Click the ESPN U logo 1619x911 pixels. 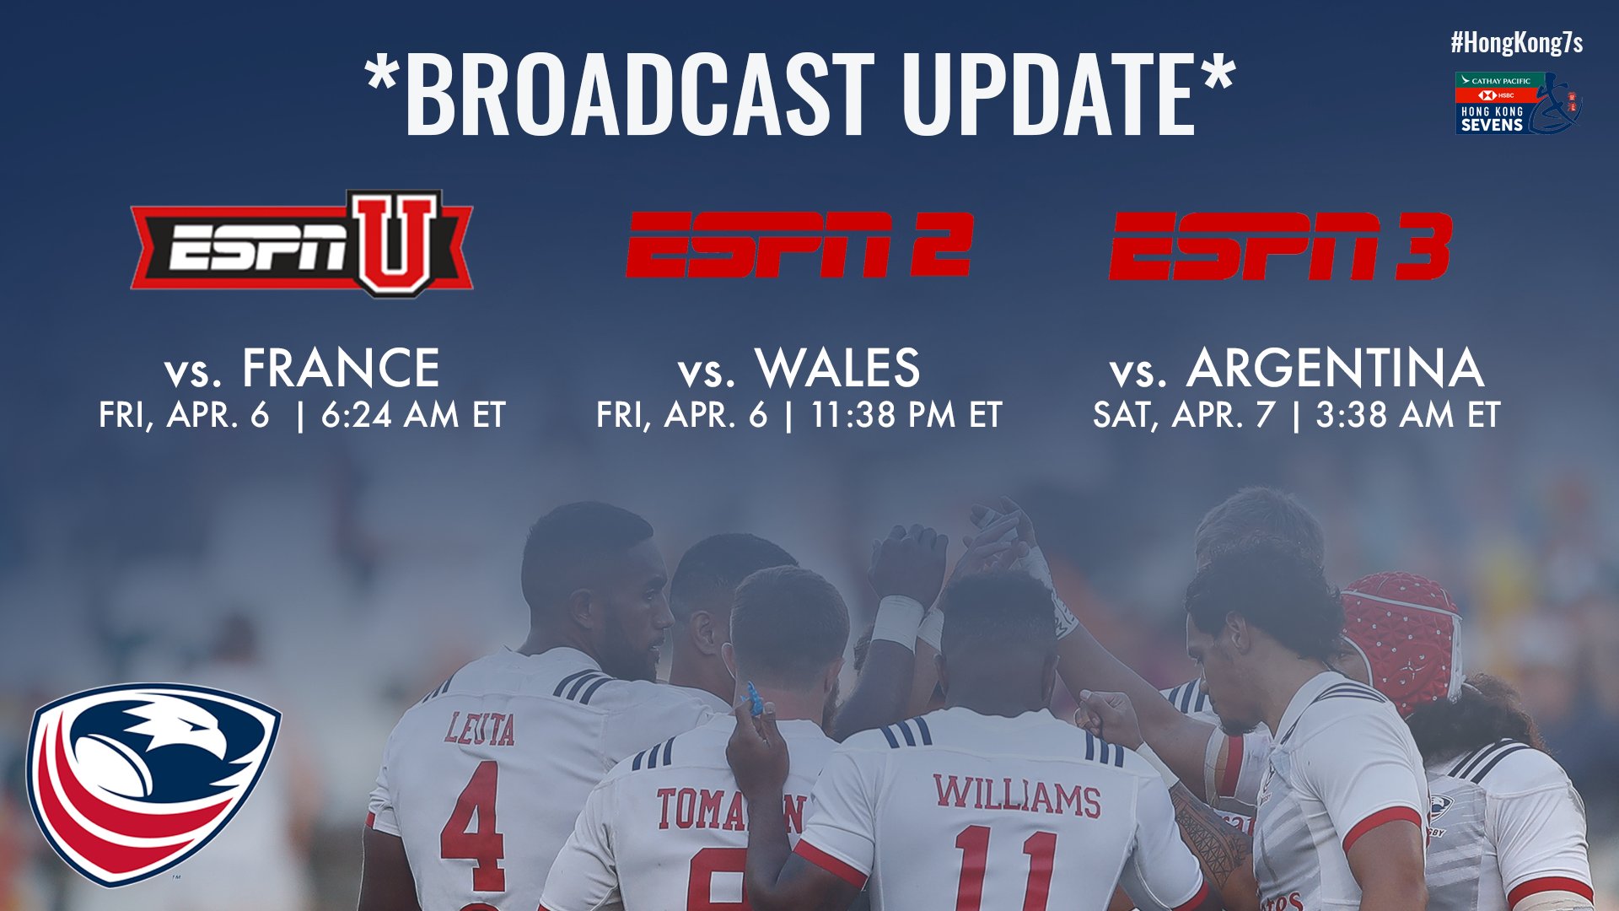tap(302, 244)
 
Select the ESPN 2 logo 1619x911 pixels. tap(799, 245)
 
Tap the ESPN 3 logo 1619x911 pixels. tap(1279, 245)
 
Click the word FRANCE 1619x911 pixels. tap(341, 368)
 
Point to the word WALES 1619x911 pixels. tap(837, 368)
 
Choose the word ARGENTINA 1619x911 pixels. tap(1335, 368)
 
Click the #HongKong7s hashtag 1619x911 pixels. tap(1516, 43)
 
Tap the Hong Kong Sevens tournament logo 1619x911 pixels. tap(1518, 103)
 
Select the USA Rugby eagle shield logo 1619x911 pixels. tap(153, 782)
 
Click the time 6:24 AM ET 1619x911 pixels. tap(413, 415)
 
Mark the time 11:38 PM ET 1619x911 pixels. tap(906, 415)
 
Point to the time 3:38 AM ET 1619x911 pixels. tap(1408, 415)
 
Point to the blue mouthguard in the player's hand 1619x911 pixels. tap(754, 700)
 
